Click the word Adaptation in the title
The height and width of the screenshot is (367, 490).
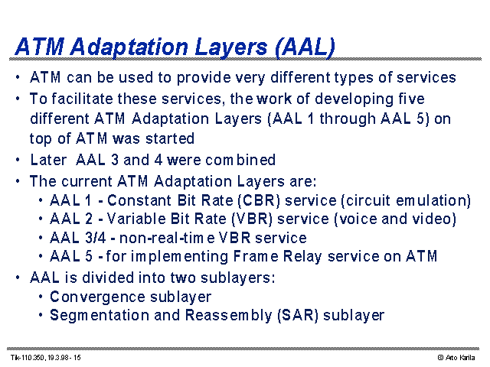pos(129,47)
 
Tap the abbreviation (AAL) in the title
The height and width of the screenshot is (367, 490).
pos(305,47)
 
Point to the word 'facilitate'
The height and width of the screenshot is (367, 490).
pos(82,99)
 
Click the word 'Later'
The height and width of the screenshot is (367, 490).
pos(48,160)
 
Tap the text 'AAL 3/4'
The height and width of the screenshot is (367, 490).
pos(78,238)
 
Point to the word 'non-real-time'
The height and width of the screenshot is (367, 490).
pos(167,238)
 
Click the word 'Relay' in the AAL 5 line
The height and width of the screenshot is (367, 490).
pos(302,256)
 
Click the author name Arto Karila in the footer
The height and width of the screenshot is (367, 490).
pos(460,357)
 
